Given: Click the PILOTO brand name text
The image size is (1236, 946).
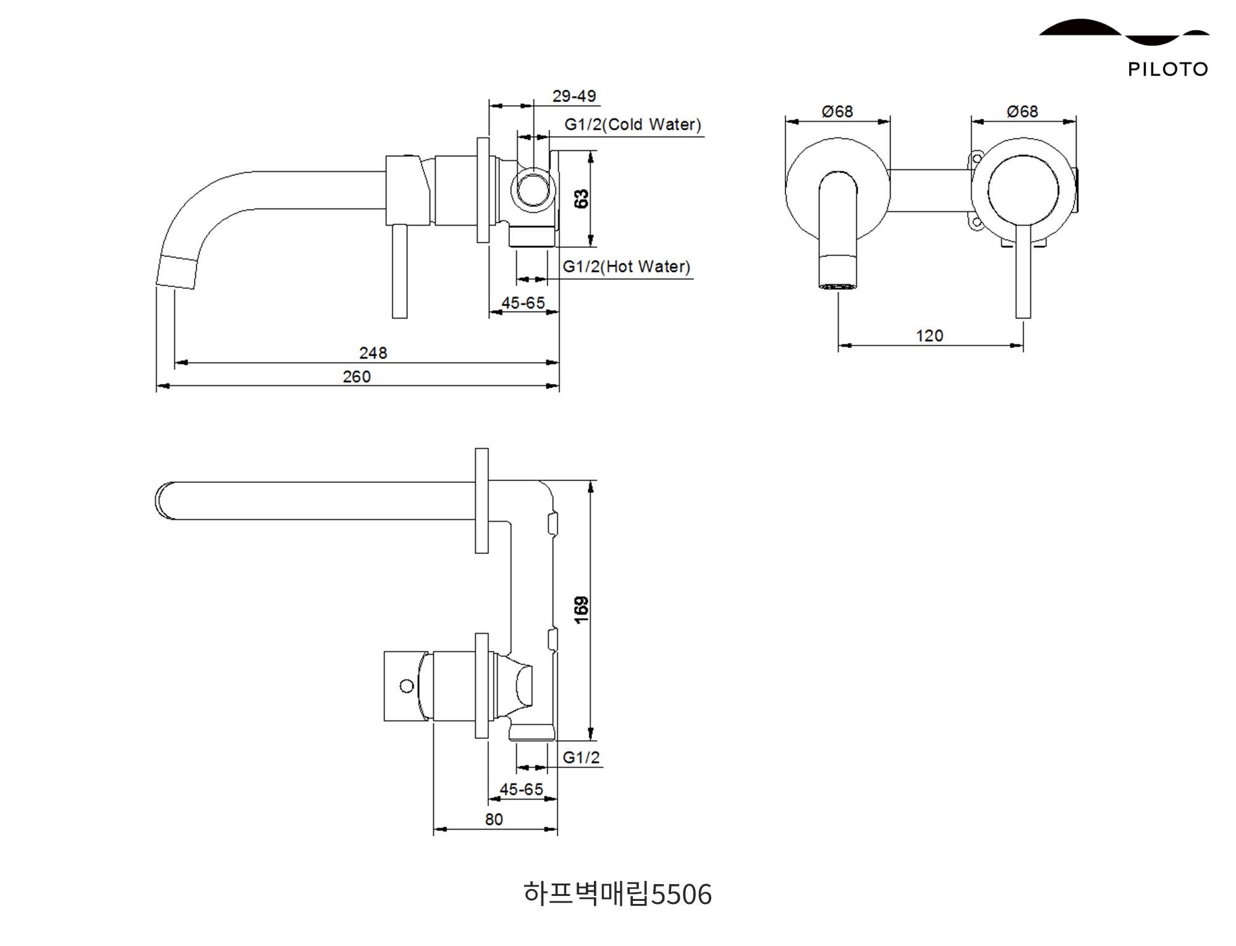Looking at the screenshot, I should pos(1167,69).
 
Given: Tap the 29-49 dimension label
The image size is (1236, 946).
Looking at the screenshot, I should pos(574,96).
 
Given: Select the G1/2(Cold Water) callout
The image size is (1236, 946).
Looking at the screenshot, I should pos(633,125).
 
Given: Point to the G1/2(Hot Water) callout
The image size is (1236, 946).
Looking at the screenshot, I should pos(626,267).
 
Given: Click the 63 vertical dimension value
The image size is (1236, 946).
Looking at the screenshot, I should pos(582,199).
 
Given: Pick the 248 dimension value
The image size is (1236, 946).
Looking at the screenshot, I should pos(373,353).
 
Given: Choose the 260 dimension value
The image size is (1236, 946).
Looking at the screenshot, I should pos(357,377).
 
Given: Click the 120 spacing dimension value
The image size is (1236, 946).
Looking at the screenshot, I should pos(929,336).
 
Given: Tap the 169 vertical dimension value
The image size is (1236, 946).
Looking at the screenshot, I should pos(582,610).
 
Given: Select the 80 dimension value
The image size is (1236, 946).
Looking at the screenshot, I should pos(494,820).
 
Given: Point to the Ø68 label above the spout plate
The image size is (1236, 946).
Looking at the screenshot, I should pos(837,112).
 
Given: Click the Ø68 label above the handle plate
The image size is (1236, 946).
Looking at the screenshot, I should pos(1022,112).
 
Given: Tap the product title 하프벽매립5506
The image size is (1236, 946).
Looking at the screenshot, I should pos(617,894).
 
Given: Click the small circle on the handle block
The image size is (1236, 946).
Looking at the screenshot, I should pos(407,686).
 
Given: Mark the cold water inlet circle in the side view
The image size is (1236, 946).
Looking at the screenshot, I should pos(532,189).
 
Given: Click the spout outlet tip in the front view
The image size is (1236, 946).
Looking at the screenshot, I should pos(837,286).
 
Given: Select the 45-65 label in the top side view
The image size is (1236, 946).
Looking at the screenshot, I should pos(523,303).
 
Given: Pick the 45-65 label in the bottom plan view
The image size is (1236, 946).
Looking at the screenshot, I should pos(521,790).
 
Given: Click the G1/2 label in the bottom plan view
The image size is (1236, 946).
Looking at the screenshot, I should pos(581,757).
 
